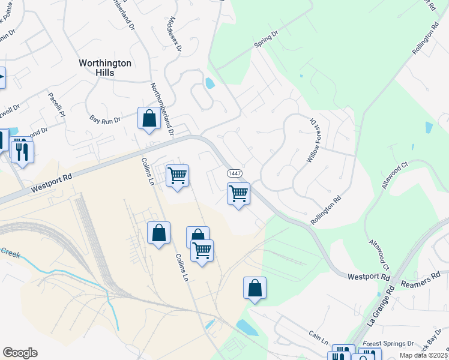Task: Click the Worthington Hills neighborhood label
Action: (106, 67)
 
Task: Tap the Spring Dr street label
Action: (267, 40)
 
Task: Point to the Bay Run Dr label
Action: (105, 120)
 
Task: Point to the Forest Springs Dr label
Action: (389, 344)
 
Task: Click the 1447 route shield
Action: (235, 173)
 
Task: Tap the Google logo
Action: (20, 352)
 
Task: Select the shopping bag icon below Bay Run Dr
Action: (148, 118)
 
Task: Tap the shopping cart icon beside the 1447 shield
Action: (238, 194)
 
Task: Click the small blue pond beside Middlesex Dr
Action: (209, 83)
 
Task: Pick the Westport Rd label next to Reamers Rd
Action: (369, 277)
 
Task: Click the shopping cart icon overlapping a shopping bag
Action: (202, 250)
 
